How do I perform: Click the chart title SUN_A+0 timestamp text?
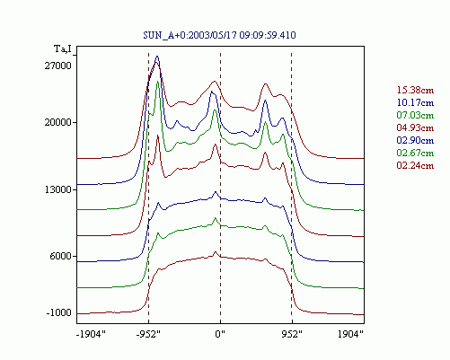[x=219, y=35]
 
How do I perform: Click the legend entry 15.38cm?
[x=415, y=90]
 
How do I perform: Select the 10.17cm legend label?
[x=415, y=102]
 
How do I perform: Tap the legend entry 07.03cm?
[x=415, y=115]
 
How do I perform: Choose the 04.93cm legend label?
[x=415, y=127]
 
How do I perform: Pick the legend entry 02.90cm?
[x=415, y=140]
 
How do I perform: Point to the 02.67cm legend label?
[x=415, y=153]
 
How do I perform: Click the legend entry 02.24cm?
[x=415, y=165]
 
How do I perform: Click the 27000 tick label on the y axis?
[x=58, y=66]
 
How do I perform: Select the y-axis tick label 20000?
[x=58, y=122]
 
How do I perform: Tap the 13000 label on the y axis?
[x=58, y=189]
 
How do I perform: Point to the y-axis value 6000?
[x=60, y=256]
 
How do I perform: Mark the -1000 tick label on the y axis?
[x=59, y=312]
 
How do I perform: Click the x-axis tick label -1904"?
[x=91, y=334]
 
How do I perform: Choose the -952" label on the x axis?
[x=148, y=334]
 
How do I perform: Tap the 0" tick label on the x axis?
[x=220, y=334]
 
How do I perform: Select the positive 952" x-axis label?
[x=292, y=334]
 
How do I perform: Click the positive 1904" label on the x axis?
[x=350, y=334]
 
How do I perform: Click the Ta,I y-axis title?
[x=63, y=49]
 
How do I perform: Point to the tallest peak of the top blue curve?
[x=157, y=57]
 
